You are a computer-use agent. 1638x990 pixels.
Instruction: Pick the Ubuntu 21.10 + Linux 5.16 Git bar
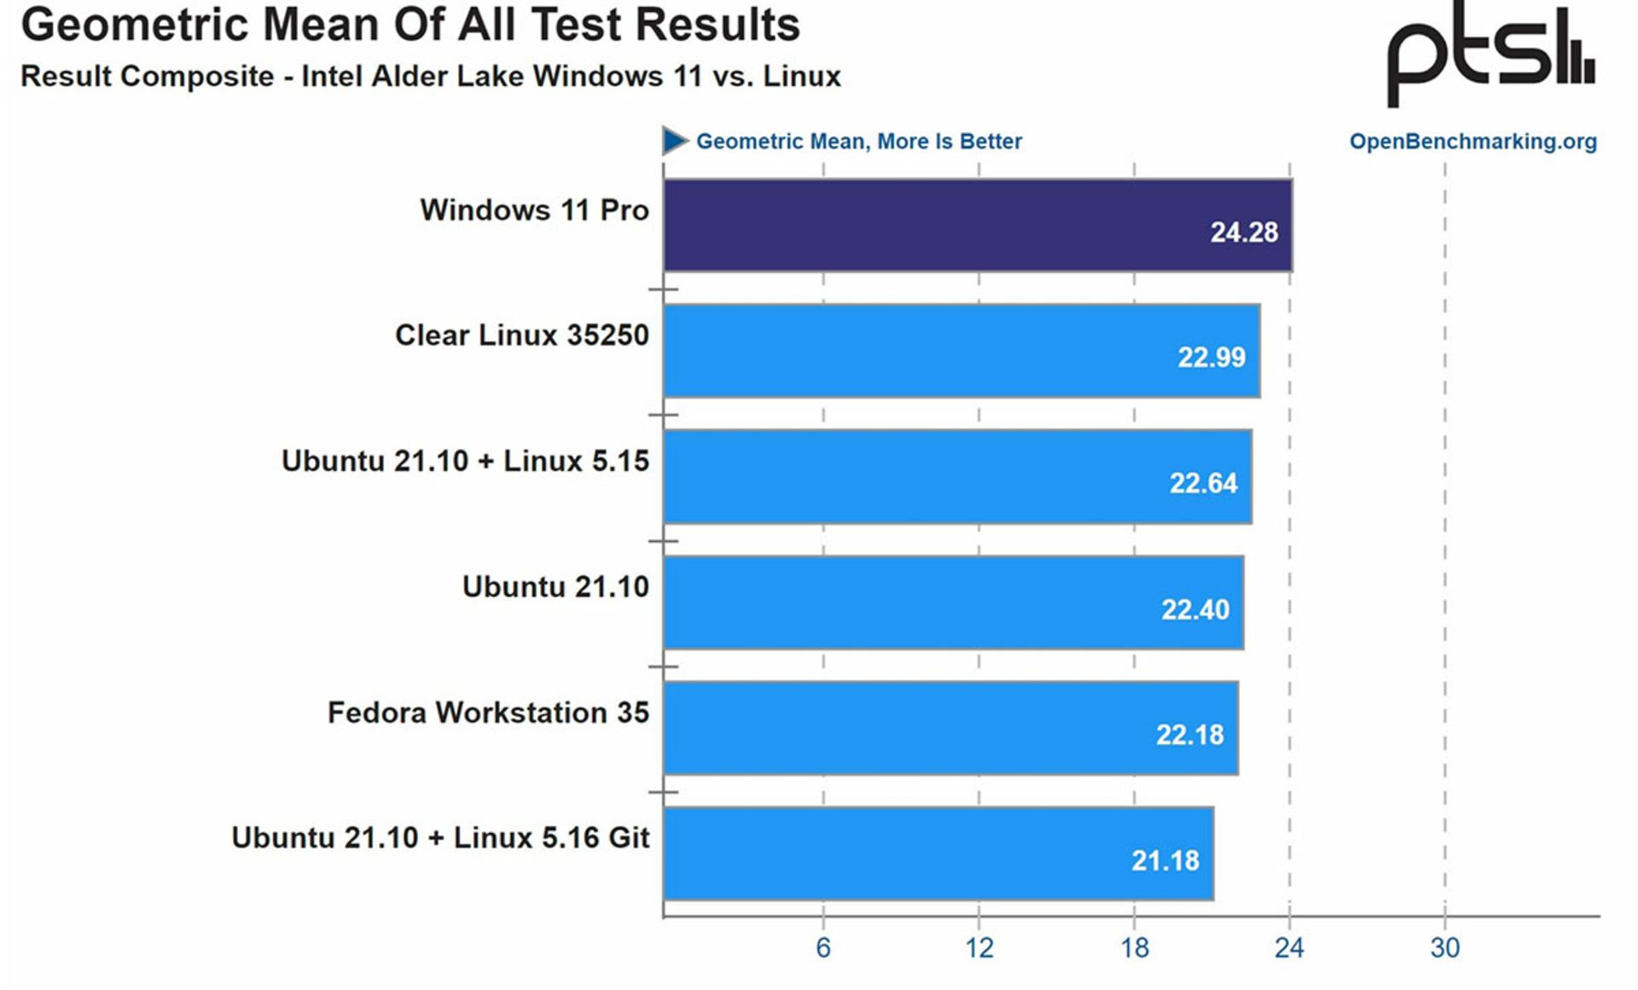[x=938, y=853]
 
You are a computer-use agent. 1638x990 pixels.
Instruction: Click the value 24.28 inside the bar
[x=1244, y=232]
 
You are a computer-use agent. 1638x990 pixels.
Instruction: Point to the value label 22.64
[x=1203, y=483]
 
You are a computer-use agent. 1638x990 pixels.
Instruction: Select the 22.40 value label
[x=1195, y=609]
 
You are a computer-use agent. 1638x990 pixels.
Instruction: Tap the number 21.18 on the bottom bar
[x=1165, y=860]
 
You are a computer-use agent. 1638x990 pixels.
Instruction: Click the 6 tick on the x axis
[x=823, y=947]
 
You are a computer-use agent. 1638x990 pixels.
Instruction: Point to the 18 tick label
[x=1135, y=947]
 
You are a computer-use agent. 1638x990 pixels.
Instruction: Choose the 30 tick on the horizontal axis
[x=1445, y=947]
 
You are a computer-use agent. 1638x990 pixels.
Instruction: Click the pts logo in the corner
[x=1490, y=55]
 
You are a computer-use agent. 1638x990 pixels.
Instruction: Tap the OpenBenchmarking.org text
[x=1472, y=142]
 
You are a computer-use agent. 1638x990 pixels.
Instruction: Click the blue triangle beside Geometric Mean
[x=674, y=141]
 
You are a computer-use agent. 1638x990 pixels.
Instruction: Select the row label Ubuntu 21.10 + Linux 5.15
[x=465, y=461]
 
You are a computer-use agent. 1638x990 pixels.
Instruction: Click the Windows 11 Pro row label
[x=534, y=210]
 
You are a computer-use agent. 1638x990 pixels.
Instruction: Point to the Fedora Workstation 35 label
[x=488, y=713]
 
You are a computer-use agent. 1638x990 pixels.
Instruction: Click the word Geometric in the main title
[x=136, y=26]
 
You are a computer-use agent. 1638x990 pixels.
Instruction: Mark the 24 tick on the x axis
[x=1289, y=947]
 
